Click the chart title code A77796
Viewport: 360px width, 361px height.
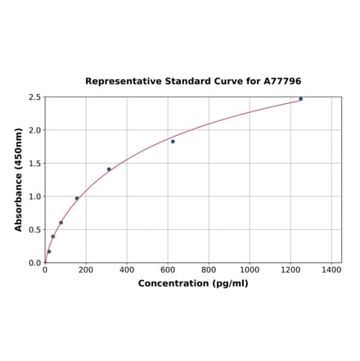pos(282,82)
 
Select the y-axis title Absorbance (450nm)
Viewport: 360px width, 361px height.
pos(19,179)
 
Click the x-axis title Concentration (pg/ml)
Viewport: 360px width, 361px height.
pos(193,283)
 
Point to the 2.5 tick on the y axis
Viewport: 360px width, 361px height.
pos(35,97)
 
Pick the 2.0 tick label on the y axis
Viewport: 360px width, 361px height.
pos(35,130)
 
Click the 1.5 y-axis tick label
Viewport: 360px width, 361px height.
pos(35,164)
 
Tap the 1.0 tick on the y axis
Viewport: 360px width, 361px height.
pos(35,196)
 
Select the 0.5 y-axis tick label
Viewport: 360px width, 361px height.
pos(35,230)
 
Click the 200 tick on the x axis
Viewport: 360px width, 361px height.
pos(86,269)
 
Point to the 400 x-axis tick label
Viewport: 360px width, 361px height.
pos(127,269)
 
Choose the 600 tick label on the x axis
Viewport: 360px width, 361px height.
pos(168,269)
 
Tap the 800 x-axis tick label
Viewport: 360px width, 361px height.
pos(209,269)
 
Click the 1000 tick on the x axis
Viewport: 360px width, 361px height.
pos(250,269)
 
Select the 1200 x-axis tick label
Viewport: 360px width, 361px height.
pos(290,269)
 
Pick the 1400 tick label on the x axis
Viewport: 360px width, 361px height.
pos(331,269)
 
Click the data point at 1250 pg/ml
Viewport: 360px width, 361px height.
pos(300,99)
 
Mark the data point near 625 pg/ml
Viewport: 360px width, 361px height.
pos(173,142)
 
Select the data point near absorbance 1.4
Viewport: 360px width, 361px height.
pos(109,169)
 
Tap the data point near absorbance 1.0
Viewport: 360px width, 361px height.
pos(77,198)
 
